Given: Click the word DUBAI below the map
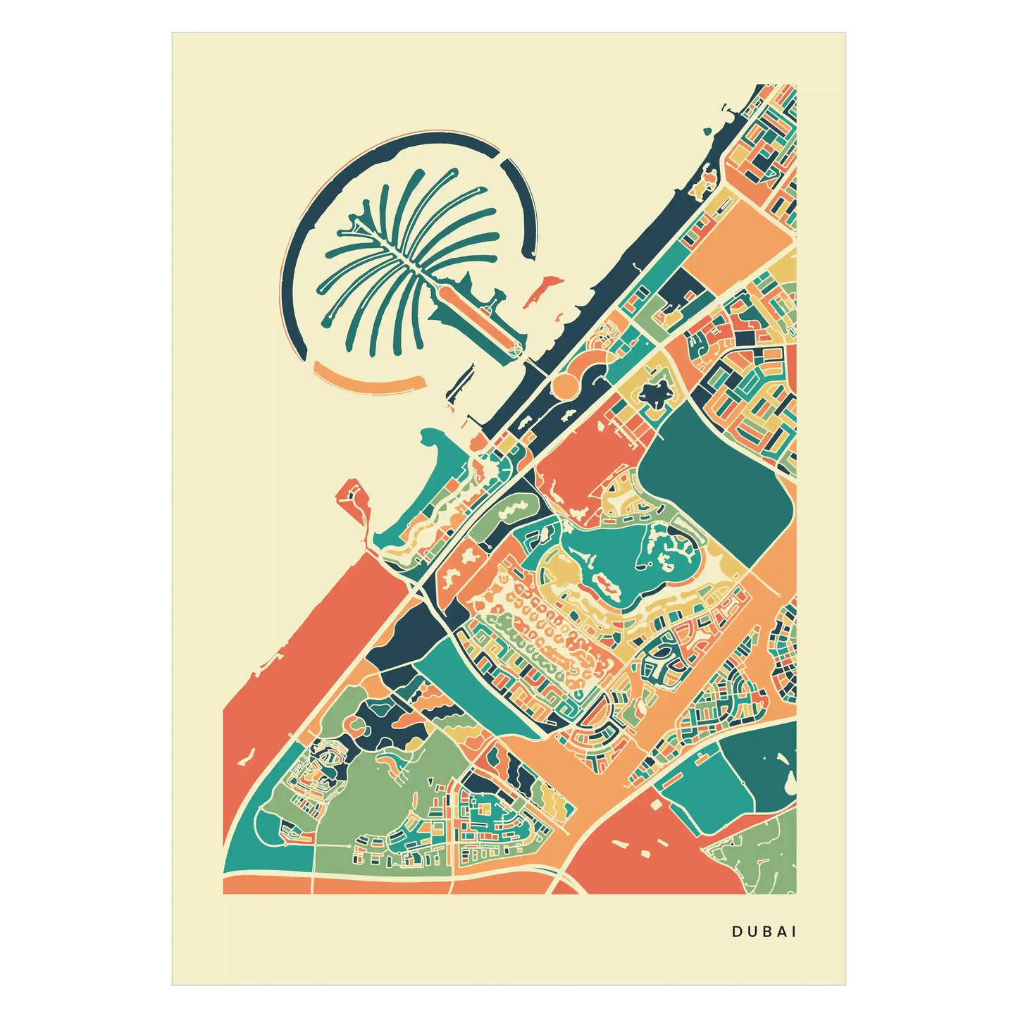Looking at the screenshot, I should click(x=764, y=931).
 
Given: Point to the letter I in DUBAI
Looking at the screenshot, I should click(x=794, y=931).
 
